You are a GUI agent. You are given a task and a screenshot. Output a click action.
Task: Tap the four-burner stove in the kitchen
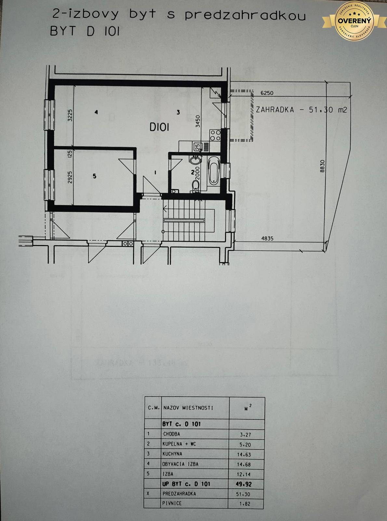coord(215,135)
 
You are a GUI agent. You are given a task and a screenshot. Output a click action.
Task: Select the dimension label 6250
coord(267,93)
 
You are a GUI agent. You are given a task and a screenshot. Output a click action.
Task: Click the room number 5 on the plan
coord(94,176)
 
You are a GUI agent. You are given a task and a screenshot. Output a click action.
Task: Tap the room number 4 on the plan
coord(96,112)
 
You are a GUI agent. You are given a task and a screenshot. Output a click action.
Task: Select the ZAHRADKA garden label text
coord(275,110)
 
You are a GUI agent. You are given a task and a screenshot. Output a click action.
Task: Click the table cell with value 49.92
coord(244,484)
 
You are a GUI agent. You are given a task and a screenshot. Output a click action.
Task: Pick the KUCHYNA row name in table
coord(172,454)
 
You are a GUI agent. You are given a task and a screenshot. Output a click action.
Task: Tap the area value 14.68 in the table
coord(244,464)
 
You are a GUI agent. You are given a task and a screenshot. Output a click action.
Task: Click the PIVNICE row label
coord(172,503)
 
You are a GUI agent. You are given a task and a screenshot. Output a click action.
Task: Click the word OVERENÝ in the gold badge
coord(354,21)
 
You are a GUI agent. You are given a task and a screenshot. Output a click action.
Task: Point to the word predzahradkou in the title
coord(245,15)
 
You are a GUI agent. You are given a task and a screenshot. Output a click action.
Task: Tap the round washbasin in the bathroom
coord(194,161)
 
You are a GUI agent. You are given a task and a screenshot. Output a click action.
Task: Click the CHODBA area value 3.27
coord(245,435)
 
